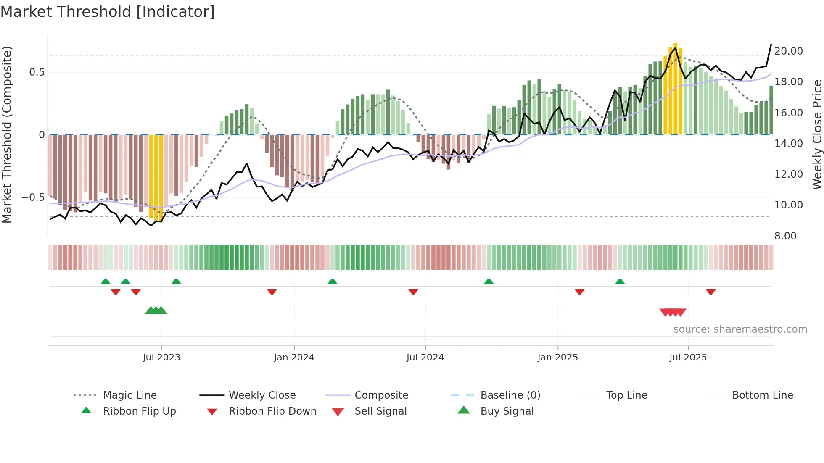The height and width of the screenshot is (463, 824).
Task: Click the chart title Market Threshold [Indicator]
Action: click(x=108, y=12)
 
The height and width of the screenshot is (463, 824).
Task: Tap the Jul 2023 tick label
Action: click(x=161, y=358)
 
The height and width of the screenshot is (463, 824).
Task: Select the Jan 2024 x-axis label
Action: click(x=294, y=358)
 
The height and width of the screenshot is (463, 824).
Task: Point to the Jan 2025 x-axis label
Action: click(x=557, y=358)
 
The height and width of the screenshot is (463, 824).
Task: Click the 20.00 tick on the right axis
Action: click(x=788, y=51)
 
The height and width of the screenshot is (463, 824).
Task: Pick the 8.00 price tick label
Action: click(x=785, y=236)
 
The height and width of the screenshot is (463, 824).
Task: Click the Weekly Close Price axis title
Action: click(x=817, y=134)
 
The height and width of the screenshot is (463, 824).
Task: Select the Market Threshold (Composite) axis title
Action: click(x=7, y=134)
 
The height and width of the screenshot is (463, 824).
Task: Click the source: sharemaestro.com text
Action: click(x=740, y=329)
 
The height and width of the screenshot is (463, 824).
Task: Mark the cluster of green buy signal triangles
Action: click(x=156, y=311)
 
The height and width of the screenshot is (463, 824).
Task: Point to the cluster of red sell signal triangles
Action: click(x=673, y=312)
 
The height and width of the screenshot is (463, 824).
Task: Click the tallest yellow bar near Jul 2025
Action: click(x=675, y=88)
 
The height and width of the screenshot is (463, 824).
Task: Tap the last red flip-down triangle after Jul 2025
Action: click(x=710, y=292)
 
